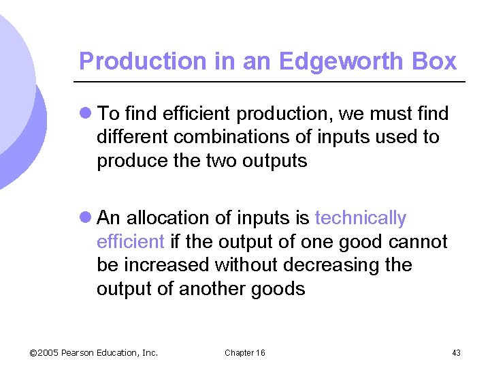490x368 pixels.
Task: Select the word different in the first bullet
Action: [x=133, y=137]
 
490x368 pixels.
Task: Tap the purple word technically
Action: [x=361, y=218]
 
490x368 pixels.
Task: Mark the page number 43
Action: [x=456, y=352]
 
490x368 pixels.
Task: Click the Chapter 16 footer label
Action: [x=245, y=352]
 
